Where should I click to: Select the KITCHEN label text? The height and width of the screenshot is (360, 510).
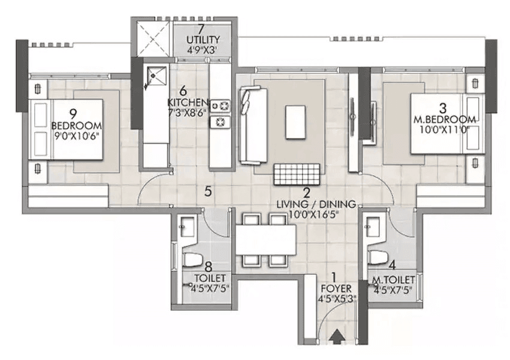188,102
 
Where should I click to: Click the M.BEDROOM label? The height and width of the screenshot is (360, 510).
444,118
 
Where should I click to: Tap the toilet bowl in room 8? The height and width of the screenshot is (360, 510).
193,260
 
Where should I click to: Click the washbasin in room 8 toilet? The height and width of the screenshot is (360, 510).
186,226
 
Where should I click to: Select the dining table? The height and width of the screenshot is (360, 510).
265,239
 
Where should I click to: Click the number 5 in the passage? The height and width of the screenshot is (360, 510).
208,192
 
